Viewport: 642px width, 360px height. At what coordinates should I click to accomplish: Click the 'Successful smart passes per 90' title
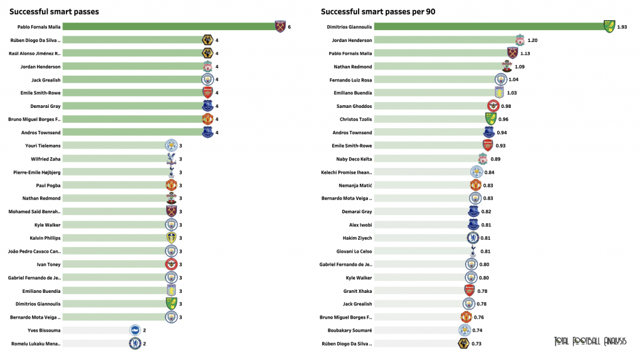(378, 12)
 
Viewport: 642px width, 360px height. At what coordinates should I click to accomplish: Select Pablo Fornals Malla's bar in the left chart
(169, 26)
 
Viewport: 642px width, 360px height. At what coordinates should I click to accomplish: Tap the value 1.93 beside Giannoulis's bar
(622, 26)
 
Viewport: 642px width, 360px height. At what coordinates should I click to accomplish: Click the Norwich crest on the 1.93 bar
(609, 26)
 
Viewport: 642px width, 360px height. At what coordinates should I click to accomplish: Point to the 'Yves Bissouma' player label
(44, 330)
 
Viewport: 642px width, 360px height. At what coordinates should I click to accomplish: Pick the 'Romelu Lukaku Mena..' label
(36, 344)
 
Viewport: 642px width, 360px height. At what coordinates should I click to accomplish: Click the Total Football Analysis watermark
(590, 341)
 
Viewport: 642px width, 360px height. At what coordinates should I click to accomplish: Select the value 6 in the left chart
(289, 26)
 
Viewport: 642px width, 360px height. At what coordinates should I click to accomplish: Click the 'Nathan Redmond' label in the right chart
(354, 66)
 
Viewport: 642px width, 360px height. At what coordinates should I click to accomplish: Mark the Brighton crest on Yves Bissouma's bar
(135, 330)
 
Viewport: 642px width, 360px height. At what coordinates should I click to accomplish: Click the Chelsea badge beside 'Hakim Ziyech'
(473, 238)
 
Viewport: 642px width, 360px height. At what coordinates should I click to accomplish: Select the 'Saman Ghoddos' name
(354, 106)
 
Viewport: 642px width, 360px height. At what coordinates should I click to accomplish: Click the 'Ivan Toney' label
(48, 264)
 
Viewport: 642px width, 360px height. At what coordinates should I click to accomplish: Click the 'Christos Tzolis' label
(355, 119)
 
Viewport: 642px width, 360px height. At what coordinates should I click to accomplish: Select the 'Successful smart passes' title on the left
(54, 12)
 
